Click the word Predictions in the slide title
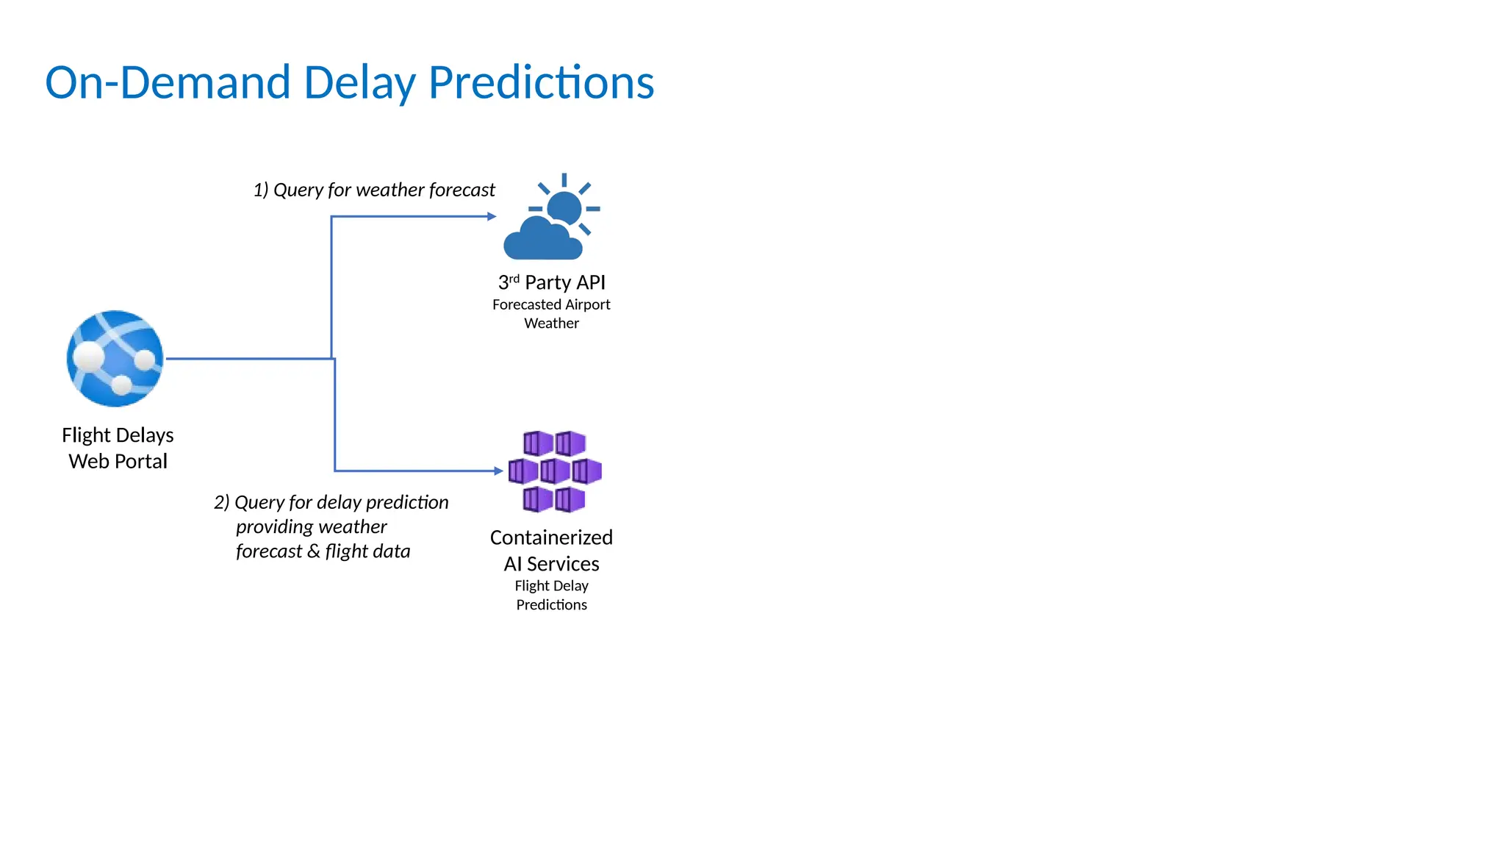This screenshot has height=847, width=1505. pyautogui.click(x=541, y=82)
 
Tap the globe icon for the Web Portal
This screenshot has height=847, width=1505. pyautogui.click(x=115, y=359)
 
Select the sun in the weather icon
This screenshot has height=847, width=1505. pyautogui.click(x=564, y=207)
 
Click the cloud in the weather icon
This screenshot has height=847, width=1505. pyautogui.click(x=542, y=240)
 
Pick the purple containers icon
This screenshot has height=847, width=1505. pyautogui.click(x=555, y=471)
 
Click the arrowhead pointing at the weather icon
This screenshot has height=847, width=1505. pyautogui.click(x=492, y=216)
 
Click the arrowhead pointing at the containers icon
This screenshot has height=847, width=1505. pyautogui.click(x=499, y=471)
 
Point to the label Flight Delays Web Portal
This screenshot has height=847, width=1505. pyautogui.click(x=118, y=448)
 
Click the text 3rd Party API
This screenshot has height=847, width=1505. pyautogui.click(x=552, y=282)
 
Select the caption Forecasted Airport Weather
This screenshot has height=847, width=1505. pyautogui.click(x=551, y=314)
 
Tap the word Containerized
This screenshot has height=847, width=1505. pyautogui.click(x=551, y=537)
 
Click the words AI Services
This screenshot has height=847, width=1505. pyautogui.click(x=551, y=564)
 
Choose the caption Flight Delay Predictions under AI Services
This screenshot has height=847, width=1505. pyautogui.click(x=551, y=595)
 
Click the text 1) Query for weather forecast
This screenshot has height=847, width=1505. pyautogui.click(x=374, y=190)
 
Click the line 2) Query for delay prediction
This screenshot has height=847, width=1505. pyautogui.click(x=331, y=502)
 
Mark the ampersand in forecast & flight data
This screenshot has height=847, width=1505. pyautogui.click(x=314, y=551)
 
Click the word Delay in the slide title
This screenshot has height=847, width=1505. pyautogui.click(x=359, y=82)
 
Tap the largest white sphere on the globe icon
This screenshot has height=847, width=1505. pyautogui.click(x=89, y=357)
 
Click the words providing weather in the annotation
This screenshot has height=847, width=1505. pyautogui.click(x=311, y=526)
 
